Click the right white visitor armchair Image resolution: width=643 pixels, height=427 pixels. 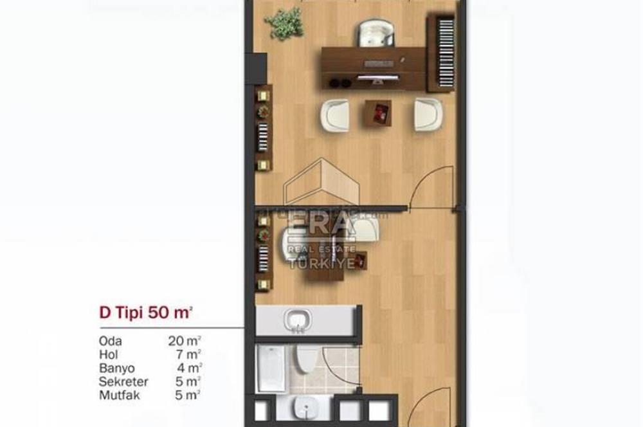tap(427, 114)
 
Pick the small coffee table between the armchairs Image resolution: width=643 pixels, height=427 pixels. tap(379, 114)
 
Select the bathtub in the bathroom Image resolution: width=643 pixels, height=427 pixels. tap(270, 370)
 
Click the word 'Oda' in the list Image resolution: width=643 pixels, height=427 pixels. tap(110, 341)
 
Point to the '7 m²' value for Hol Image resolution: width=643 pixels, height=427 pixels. tap(186, 354)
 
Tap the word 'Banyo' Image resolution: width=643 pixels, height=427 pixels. tap(116, 368)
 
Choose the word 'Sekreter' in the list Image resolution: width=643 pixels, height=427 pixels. tap(123, 382)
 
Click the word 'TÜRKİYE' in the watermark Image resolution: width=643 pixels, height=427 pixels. tap(321, 263)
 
